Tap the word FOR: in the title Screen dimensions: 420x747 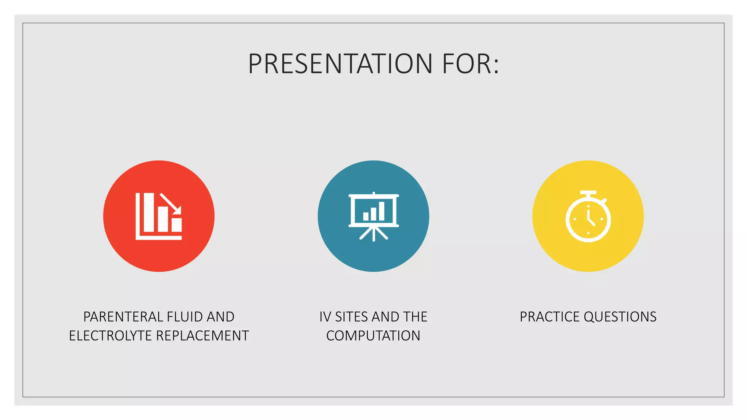[x=471, y=64]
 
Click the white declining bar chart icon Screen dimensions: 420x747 [x=159, y=216]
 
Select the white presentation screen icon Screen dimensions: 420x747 [x=373, y=216]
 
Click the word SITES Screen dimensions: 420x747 [x=352, y=317]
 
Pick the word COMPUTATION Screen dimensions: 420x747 [x=373, y=336]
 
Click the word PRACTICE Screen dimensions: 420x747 [x=550, y=317]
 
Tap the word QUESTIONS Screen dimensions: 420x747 [x=620, y=317]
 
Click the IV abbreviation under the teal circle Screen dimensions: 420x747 [x=325, y=317]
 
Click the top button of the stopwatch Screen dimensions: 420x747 [x=588, y=193]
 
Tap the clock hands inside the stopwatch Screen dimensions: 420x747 [x=590, y=219]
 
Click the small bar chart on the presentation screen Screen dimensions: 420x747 [x=374, y=212]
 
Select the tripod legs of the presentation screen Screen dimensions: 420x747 [x=373, y=234]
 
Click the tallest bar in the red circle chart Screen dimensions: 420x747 [x=148, y=212]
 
